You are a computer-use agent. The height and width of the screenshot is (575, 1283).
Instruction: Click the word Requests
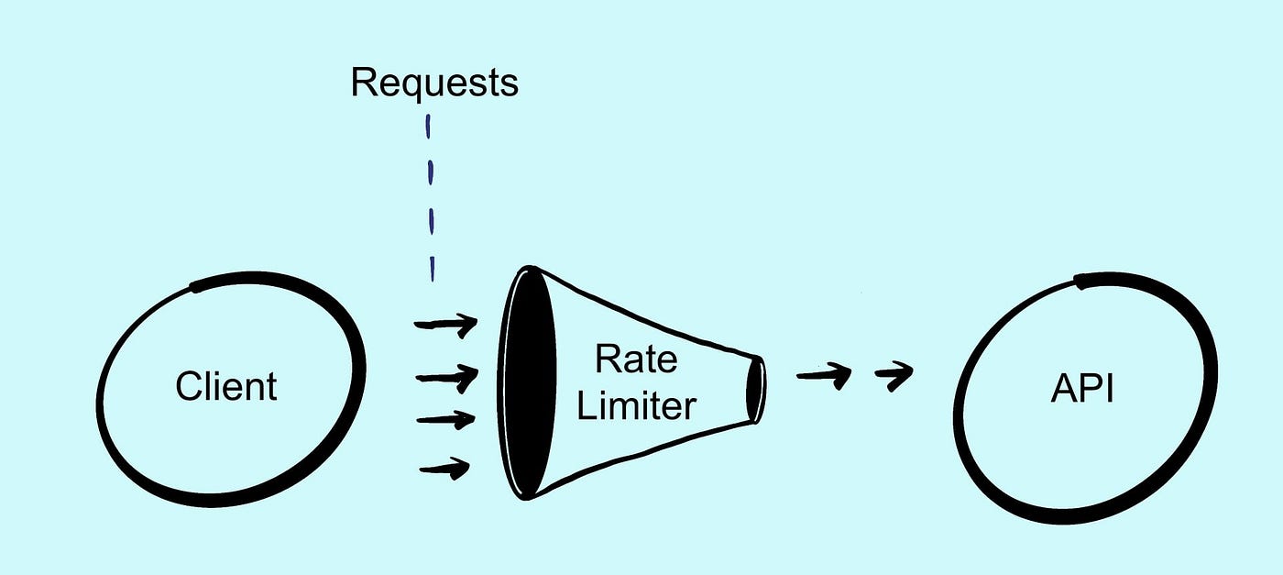pyautogui.click(x=433, y=83)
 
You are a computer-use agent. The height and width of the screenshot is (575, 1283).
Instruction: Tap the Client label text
pyautogui.click(x=225, y=387)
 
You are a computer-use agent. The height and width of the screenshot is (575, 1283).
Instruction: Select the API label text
pyautogui.click(x=1082, y=389)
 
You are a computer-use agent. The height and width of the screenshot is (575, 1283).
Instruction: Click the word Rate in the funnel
pyautogui.click(x=636, y=359)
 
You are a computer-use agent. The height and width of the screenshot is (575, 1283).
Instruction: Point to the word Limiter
pyautogui.click(x=636, y=404)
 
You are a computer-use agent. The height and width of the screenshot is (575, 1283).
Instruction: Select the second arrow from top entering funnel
pyautogui.click(x=446, y=376)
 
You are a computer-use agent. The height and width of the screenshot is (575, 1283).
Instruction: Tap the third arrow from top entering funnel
pyautogui.click(x=446, y=420)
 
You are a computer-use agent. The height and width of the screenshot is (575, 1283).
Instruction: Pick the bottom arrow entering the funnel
pyautogui.click(x=444, y=470)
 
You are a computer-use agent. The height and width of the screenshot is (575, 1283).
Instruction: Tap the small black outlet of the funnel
pyautogui.click(x=755, y=390)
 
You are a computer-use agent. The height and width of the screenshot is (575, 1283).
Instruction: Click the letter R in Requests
pyautogui.click(x=363, y=83)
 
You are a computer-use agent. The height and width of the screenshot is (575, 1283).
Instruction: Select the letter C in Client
pyautogui.click(x=188, y=387)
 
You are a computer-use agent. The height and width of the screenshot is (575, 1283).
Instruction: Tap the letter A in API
pyautogui.click(x=1063, y=389)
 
